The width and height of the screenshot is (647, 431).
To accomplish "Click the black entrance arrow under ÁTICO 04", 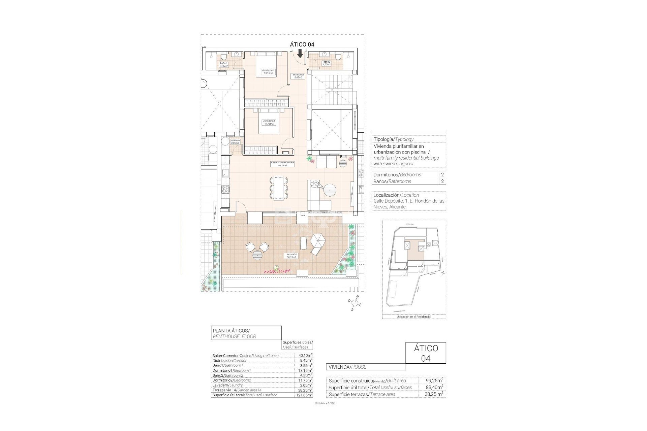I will [300, 54].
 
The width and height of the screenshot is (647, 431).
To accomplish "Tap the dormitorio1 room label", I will [269, 72].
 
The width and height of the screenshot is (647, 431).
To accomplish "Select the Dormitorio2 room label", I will [269, 122].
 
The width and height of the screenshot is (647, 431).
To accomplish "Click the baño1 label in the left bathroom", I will [224, 65].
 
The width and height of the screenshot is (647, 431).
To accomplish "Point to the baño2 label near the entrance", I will [327, 63].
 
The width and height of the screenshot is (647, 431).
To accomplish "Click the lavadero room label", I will [235, 141].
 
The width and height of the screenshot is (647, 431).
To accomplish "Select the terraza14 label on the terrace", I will [291, 256].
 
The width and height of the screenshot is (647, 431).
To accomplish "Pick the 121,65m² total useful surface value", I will [304, 395].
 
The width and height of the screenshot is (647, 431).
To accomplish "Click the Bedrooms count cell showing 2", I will [442, 174].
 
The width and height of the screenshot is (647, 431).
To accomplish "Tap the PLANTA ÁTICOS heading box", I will [246, 333].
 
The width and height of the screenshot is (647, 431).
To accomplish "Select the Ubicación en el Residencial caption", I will [414, 317].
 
